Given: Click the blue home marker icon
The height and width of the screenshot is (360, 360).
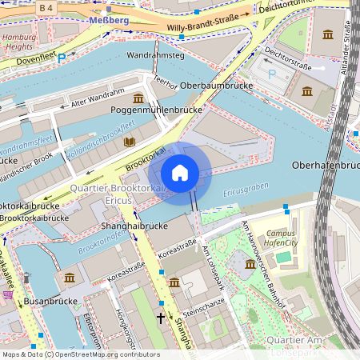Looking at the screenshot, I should click(180, 173).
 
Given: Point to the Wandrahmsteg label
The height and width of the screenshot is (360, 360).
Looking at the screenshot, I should click(155, 56).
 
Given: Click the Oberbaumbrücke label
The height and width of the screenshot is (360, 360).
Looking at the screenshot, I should click(211, 85).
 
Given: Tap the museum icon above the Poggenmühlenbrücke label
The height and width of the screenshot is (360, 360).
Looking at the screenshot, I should click(138, 98).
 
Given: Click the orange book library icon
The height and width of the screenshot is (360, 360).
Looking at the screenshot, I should click(130, 142).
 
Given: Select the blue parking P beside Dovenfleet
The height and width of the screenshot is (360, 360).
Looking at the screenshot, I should click(62, 58).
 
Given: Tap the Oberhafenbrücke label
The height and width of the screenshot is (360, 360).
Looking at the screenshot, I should click(326, 165).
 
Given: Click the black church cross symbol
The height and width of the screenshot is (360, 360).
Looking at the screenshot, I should click(160, 318).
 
